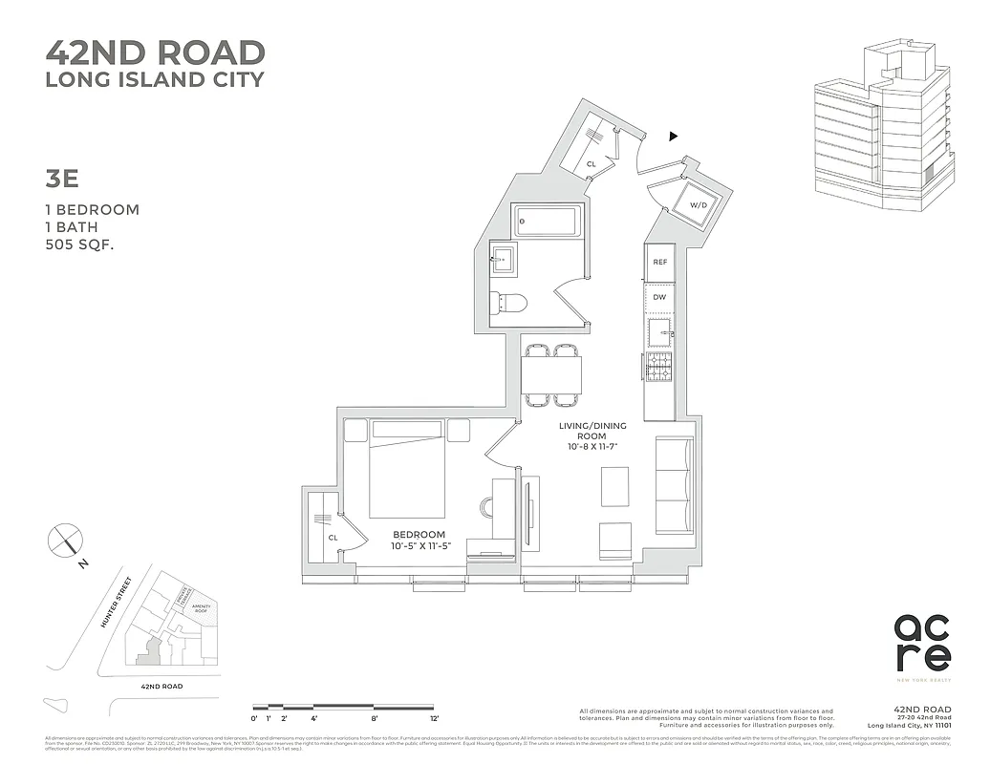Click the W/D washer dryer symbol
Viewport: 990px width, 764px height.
(699, 204)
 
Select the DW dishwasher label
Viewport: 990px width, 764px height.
(659, 298)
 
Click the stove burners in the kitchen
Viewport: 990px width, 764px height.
(659, 368)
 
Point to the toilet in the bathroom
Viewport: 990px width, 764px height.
(509, 304)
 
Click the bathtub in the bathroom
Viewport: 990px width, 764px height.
(547, 222)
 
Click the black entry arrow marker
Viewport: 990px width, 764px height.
(674, 137)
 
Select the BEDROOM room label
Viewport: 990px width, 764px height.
(418, 534)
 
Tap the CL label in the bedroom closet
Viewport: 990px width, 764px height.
(334, 538)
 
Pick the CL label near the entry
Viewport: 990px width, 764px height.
(592, 164)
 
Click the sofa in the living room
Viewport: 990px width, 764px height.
(674, 485)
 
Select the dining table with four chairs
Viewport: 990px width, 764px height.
(551, 374)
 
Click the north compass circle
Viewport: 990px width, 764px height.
(65, 541)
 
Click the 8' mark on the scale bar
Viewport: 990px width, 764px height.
(375, 717)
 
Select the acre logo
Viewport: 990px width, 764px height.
(922, 643)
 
